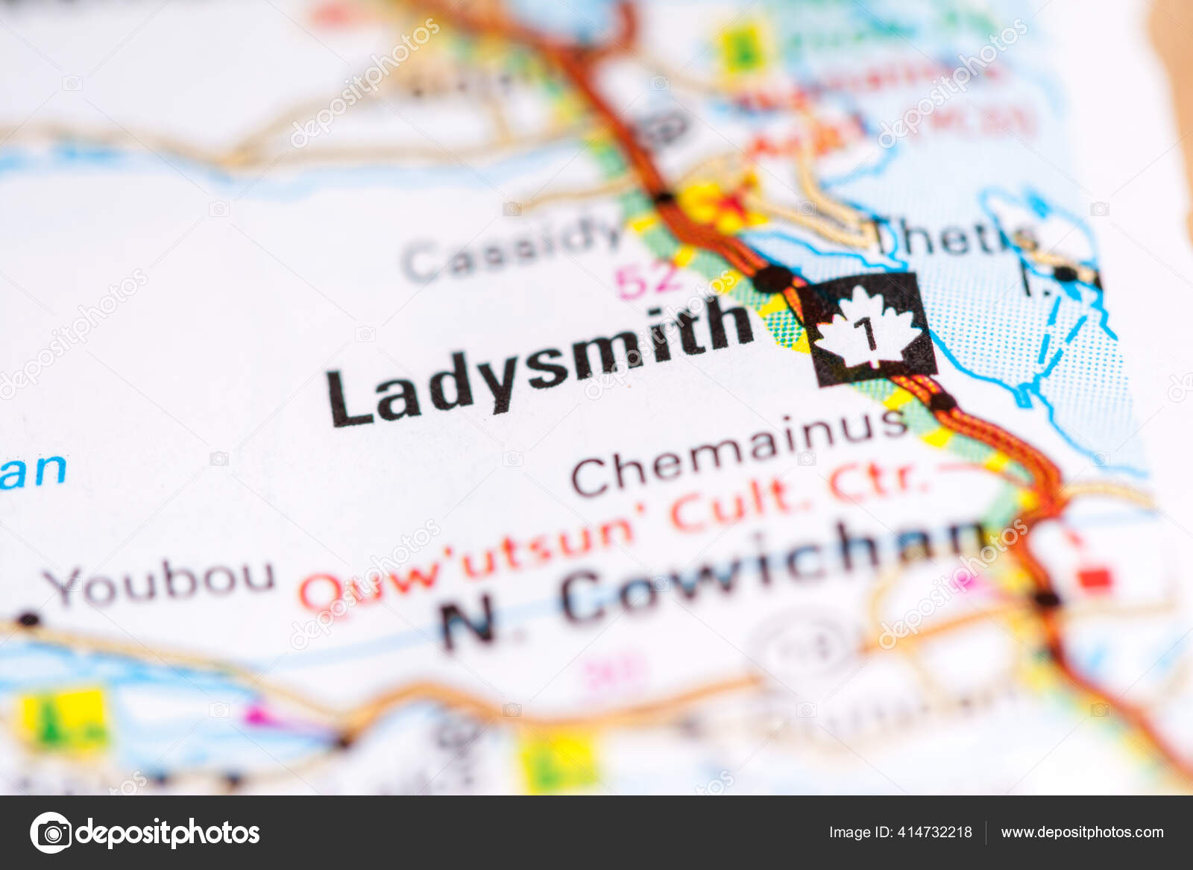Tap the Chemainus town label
[738, 450]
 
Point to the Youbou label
[160, 581]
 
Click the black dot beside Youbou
[28, 620]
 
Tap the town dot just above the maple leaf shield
[772, 279]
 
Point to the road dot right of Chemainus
[942, 402]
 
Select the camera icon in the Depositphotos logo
[51, 832]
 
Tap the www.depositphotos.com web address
[1082, 832]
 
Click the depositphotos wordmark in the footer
[168, 832]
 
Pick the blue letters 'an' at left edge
[34, 471]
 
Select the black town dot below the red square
[1046, 598]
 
